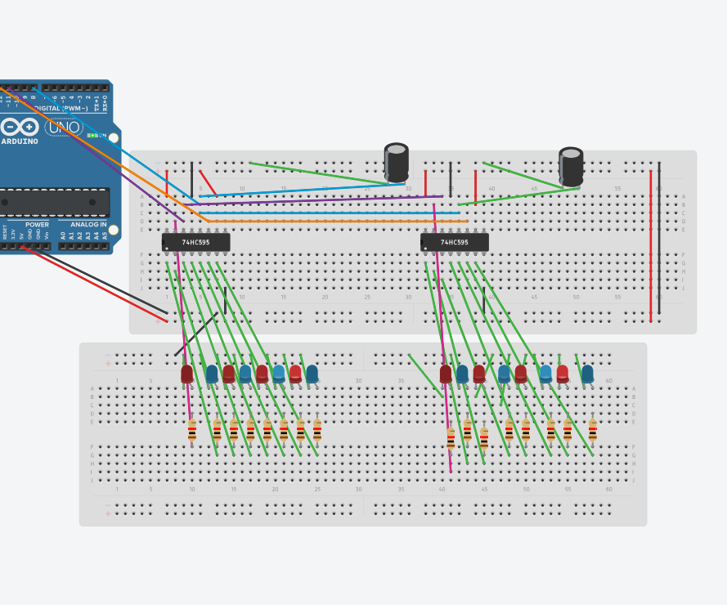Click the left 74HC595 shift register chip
(196, 243)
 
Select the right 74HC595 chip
(455, 243)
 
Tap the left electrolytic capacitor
(397, 163)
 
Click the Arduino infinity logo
(19, 128)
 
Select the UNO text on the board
(63, 128)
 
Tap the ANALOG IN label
(88, 224)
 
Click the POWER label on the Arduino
(37, 224)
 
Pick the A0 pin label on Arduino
(63, 235)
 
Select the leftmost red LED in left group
(187, 374)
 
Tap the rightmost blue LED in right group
(587, 374)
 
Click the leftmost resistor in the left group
(192, 430)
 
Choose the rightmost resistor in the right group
(592, 430)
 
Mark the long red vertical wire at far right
(651, 245)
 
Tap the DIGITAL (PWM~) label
(60, 108)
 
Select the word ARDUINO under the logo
(20, 141)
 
